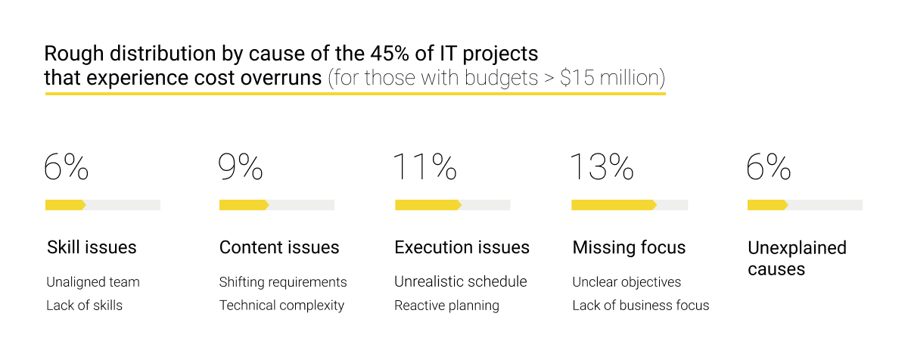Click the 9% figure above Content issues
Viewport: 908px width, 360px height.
click(x=241, y=167)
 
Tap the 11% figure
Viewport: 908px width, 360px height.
click(x=424, y=167)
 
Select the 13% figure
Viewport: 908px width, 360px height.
click(x=602, y=167)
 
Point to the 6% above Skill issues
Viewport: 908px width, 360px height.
click(x=67, y=167)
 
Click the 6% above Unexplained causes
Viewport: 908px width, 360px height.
click(x=769, y=167)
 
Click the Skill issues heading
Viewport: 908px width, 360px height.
click(x=92, y=247)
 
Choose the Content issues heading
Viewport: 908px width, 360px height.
click(x=279, y=247)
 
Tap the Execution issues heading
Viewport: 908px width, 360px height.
click(x=462, y=247)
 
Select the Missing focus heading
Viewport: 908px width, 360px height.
click(x=629, y=247)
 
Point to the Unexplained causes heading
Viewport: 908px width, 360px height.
click(x=796, y=258)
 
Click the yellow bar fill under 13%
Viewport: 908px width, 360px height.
click(x=613, y=205)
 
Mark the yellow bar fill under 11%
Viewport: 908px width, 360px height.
click(x=428, y=205)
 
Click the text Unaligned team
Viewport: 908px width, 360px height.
click(x=93, y=282)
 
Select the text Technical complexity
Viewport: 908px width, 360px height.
click(x=281, y=306)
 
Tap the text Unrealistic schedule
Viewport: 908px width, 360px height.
click(x=460, y=282)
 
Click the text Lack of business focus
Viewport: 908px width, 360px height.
click(x=641, y=306)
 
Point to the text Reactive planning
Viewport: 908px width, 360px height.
click(x=446, y=306)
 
